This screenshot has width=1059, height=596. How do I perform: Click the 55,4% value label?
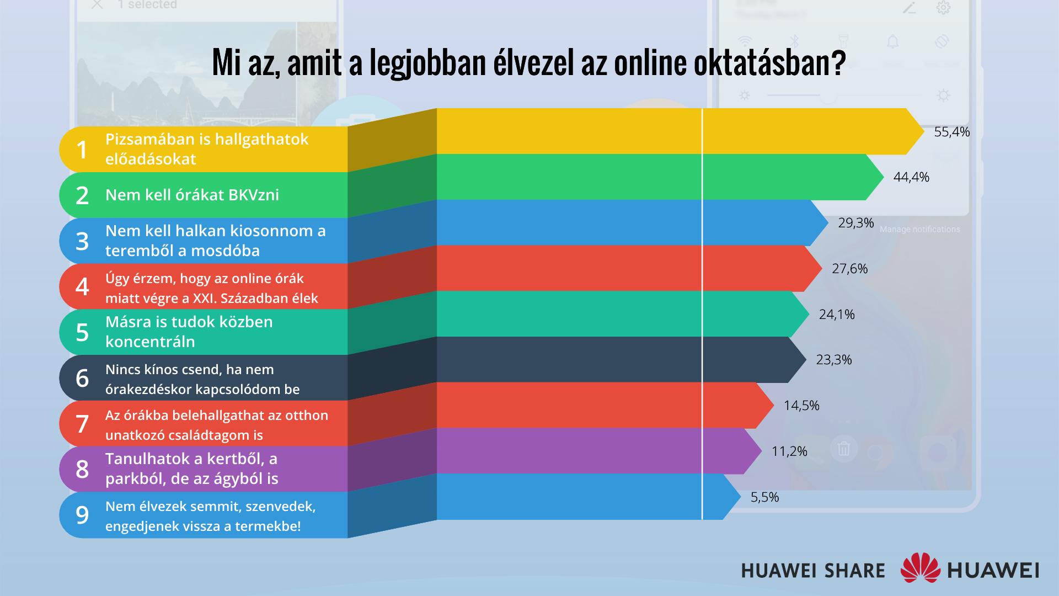[951, 132]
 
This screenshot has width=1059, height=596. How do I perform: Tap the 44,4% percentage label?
[911, 177]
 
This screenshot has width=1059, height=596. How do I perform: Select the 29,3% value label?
[855, 223]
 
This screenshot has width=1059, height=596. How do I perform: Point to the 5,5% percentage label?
[764, 497]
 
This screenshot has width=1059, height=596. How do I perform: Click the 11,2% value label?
[789, 451]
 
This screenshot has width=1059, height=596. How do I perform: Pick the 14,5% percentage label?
[801, 406]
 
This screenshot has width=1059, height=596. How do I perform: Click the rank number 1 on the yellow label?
[82, 150]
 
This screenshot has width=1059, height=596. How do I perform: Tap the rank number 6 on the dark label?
[82, 378]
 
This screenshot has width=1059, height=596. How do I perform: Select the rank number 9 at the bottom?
[82, 515]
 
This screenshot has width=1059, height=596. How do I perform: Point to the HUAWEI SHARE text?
[812, 571]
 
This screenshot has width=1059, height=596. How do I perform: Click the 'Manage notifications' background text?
[919, 230]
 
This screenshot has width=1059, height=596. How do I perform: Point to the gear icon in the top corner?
[943, 8]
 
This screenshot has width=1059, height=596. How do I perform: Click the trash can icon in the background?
[843, 448]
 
